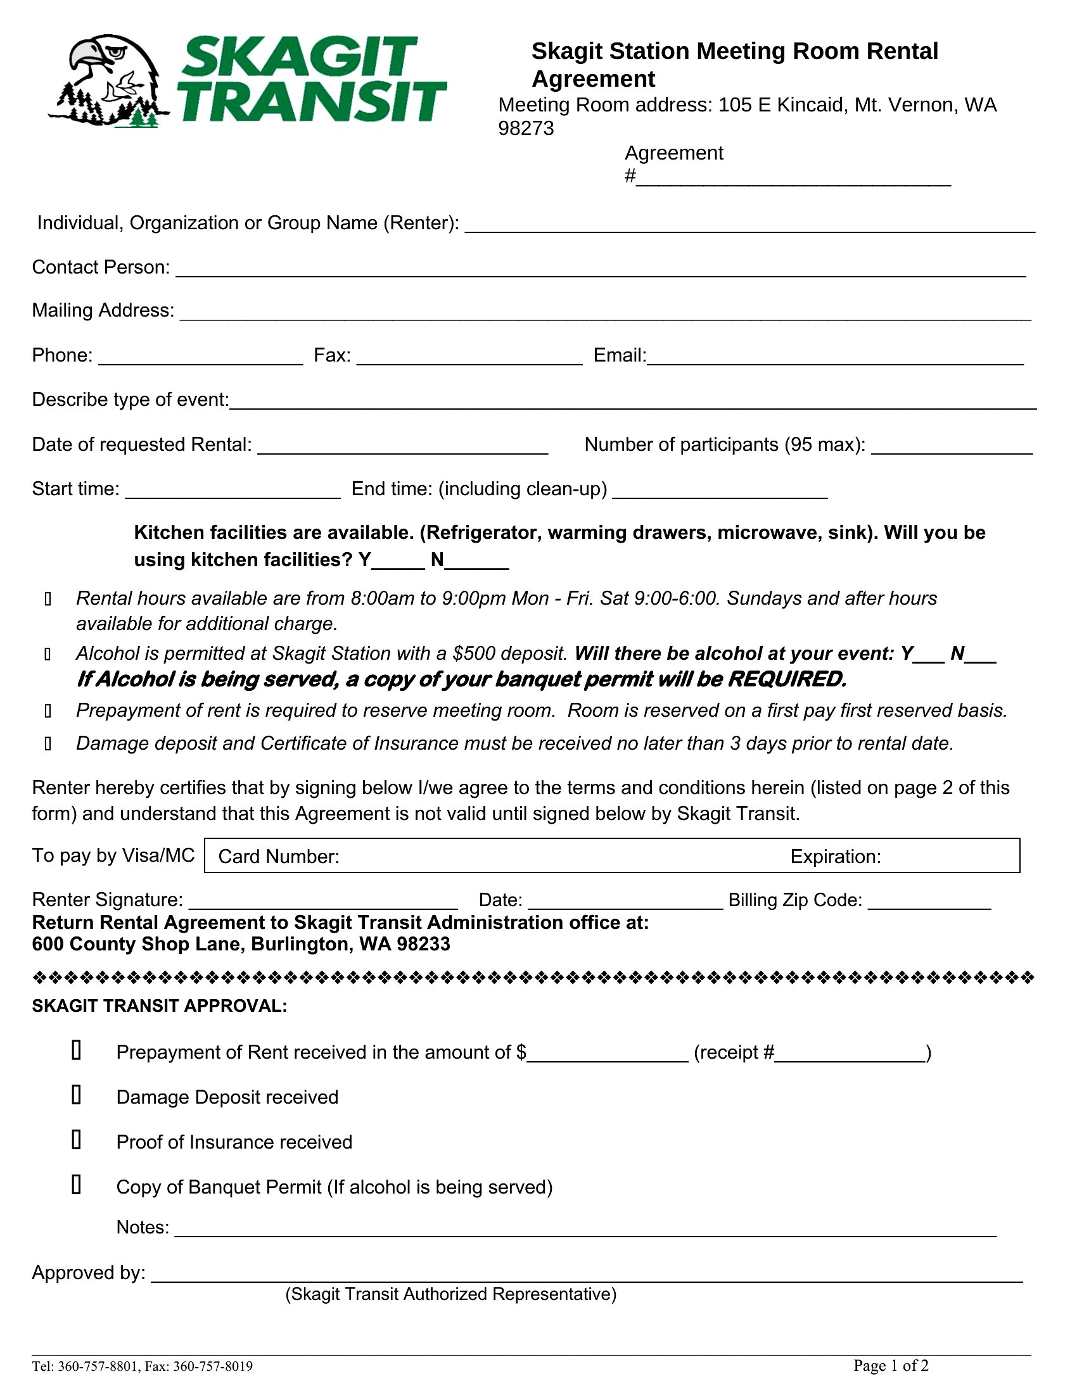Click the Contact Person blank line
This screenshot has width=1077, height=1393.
pyautogui.click(x=600, y=270)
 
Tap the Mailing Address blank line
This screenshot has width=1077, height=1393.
pyautogui.click(x=605, y=313)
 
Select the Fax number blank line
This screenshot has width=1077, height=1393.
pyautogui.click(x=469, y=358)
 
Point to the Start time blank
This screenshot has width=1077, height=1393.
pyautogui.click(x=233, y=492)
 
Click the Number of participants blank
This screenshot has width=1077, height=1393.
pyautogui.click(x=952, y=447)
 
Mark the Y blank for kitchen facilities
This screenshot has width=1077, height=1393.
pyautogui.click(x=398, y=562)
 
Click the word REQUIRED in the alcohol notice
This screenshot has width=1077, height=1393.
pyautogui.click(x=786, y=680)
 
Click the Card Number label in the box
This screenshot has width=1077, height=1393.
pyautogui.click(x=279, y=857)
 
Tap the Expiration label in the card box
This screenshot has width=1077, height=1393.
pyautogui.click(x=835, y=857)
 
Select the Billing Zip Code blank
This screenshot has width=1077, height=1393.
pyautogui.click(x=929, y=902)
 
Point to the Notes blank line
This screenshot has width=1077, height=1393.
pyautogui.click(x=585, y=1230)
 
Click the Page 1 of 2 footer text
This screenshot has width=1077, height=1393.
pyautogui.click(x=891, y=1366)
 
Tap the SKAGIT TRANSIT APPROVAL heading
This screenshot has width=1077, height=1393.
pyautogui.click(x=160, y=1007)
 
